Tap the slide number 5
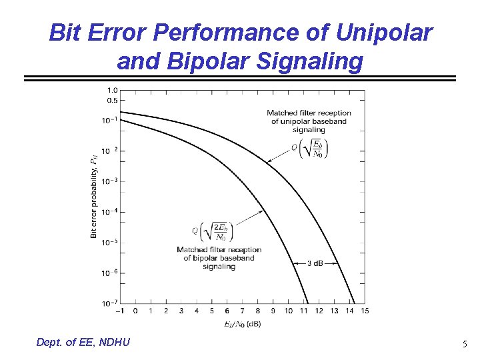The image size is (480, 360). pyautogui.click(x=465, y=345)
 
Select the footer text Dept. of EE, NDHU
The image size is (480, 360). pyautogui.click(x=84, y=342)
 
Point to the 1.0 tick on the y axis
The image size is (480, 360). pyautogui.click(x=112, y=89)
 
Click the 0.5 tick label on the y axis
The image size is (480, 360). pyautogui.click(x=112, y=100)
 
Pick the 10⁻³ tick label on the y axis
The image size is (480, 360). pyautogui.click(x=110, y=181)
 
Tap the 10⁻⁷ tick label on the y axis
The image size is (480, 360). pyautogui.click(x=110, y=303)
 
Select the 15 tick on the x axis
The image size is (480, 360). pyautogui.click(x=364, y=311)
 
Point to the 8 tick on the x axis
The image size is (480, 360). pyautogui.click(x=257, y=311)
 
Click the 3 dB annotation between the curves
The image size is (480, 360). pyautogui.click(x=315, y=263)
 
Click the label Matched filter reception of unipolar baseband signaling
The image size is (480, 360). pyautogui.click(x=309, y=121)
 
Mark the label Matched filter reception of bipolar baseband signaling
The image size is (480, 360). pyautogui.click(x=219, y=258)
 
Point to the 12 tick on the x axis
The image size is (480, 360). pyautogui.click(x=318, y=311)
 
